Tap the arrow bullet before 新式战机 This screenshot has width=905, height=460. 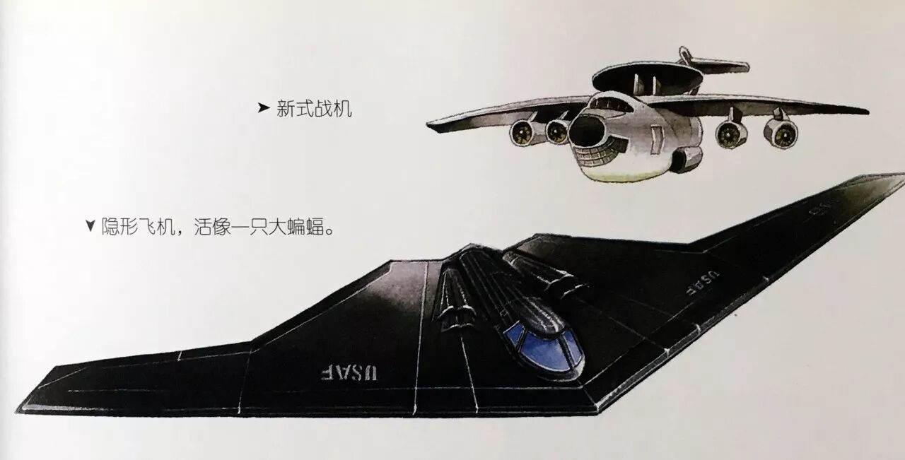[263, 109]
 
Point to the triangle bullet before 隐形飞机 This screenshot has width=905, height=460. [89, 227]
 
